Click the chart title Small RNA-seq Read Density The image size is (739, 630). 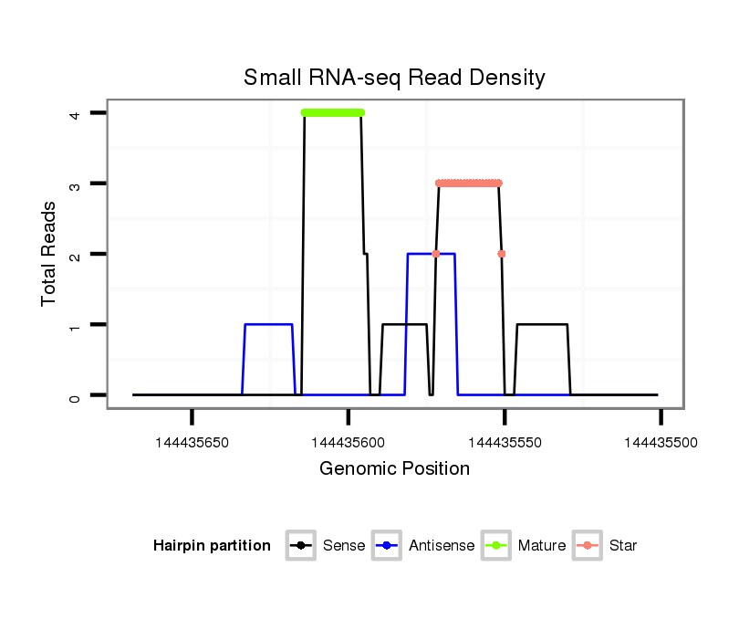[394, 78]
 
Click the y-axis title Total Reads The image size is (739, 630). [49, 253]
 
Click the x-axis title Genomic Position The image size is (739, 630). [394, 469]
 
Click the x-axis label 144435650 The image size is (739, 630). [192, 443]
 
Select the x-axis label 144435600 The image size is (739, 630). [348, 443]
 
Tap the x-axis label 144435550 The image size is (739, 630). [505, 443]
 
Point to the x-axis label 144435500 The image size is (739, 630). [661, 443]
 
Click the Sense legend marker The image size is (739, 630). [301, 546]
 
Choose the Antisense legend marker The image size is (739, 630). [388, 546]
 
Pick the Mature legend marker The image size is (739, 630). [497, 546]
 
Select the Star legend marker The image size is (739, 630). [588, 546]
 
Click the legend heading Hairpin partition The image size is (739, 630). [212, 546]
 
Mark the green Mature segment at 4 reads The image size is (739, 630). [332, 112]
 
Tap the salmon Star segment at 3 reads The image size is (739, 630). [469, 184]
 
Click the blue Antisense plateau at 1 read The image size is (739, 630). [268, 324]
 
